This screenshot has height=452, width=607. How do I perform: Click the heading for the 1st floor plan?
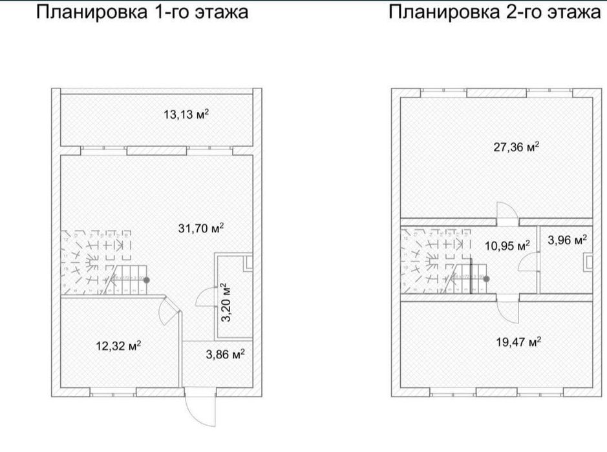tap(142, 12)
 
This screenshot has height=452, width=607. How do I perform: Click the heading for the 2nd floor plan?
tap(495, 12)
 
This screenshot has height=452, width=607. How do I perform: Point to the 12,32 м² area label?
tap(118, 345)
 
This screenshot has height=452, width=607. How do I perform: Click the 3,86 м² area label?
tap(225, 354)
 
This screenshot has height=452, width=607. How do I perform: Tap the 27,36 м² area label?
tap(516, 147)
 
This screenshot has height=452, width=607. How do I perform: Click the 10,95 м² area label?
tap(507, 245)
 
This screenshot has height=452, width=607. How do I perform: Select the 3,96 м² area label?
tap(568, 240)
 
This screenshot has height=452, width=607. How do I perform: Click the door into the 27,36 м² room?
tap(504, 212)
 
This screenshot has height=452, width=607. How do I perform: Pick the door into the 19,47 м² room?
tap(506, 312)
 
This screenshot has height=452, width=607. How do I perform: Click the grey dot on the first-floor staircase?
tap(147, 280)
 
